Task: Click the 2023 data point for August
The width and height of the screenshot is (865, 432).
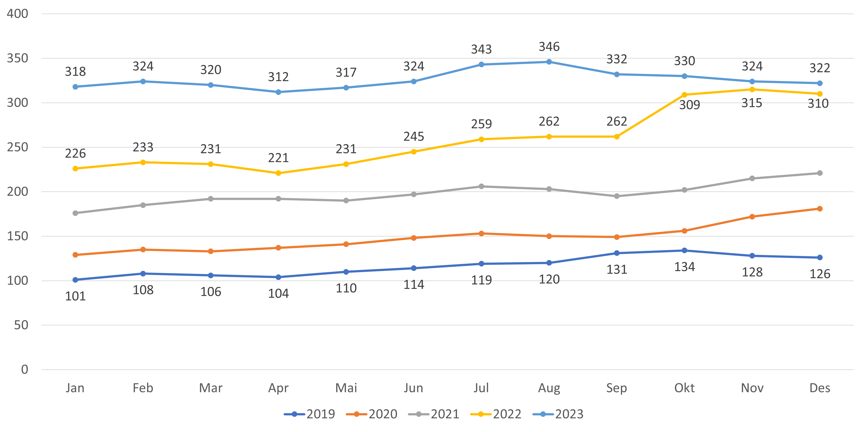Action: (x=549, y=62)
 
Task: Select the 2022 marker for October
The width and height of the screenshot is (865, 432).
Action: (x=684, y=95)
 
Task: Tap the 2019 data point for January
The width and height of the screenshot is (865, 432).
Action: (x=75, y=280)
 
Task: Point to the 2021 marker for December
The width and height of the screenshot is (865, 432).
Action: (x=820, y=173)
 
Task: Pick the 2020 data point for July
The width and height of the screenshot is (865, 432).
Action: (x=481, y=233)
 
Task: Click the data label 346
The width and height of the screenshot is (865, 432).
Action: (x=549, y=47)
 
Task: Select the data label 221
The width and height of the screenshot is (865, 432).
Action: (x=278, y=158)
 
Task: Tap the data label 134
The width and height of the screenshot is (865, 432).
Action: (x=684, y=267)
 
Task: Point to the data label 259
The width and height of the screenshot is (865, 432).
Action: (x=481, y=124)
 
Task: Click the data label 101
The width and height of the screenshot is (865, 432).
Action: (x=75, y=296)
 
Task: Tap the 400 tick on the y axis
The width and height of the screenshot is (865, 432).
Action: (x=18, y=14)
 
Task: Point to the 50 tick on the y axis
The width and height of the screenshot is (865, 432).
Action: (x=21, y=325)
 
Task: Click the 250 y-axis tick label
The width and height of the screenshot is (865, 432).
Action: (x=18, y=147)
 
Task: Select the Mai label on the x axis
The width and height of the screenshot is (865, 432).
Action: (x=346, y=388)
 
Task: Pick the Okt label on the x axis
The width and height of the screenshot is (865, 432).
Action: (x=684, y=388)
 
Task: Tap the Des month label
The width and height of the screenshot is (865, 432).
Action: (x=820, y=388)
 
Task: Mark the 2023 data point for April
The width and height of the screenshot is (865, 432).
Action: (x=278, y=92)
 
